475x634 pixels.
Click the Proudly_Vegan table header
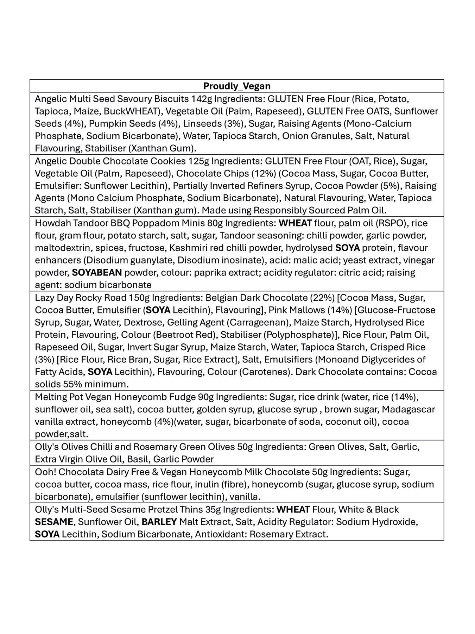click(x=237, y=86)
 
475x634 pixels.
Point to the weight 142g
click(x=202, y=99)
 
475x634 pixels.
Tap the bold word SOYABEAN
click(x=97, y=273)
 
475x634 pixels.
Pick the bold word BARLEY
click(x=159, y=522)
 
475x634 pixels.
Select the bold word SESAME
click(x=54, y=522)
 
